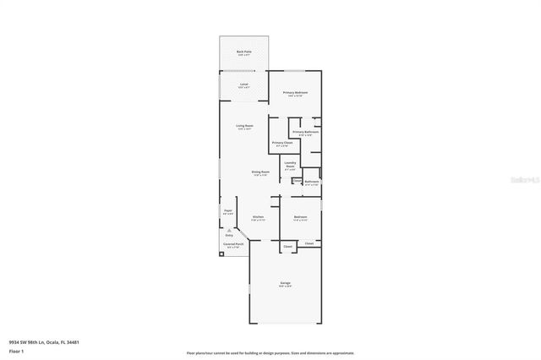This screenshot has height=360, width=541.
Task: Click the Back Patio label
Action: (243, 52)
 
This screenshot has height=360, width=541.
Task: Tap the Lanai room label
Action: (243, 85)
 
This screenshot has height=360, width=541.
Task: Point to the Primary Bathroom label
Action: (305, 132)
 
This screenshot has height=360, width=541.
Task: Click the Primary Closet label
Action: (281, 143)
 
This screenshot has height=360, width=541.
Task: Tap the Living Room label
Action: (244, 126)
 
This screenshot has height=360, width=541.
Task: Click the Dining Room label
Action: (260, 172)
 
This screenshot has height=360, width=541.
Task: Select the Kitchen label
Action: (259, 217)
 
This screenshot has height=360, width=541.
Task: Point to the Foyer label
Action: (228, 210)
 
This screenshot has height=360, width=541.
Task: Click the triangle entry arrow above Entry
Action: (229, 229)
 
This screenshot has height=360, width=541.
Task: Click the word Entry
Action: (229, 235)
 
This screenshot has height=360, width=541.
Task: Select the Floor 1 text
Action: (15, 350)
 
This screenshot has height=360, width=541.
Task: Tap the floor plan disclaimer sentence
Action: (270, 352)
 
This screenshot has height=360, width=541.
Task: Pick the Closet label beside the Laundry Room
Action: (297, 180)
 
